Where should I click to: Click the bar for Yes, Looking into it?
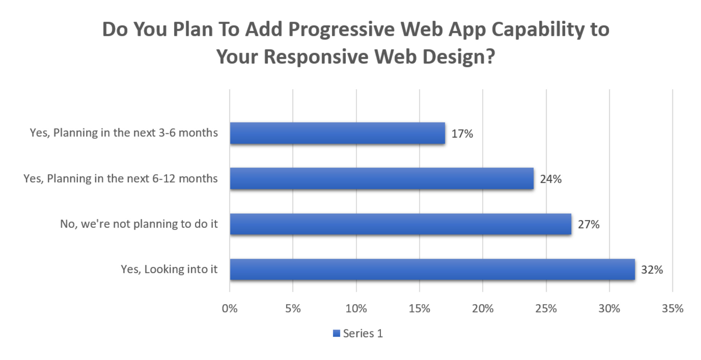(x=432, y=269)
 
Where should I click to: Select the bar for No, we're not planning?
(x=401, y=224)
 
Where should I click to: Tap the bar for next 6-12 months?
(x=382, y=179)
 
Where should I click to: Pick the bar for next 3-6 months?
(x=337, y=133)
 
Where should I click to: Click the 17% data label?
(x=462, y=134)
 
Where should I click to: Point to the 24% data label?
(x=550, y=179)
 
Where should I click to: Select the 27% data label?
(x=588, y=225)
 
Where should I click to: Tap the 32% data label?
(x=652, y=270)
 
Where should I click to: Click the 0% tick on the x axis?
(x=230, y=309)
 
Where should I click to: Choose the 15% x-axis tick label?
(x=419, y=309)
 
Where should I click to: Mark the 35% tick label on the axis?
(x=672, y=309)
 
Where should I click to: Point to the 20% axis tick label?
(x=482, y=309)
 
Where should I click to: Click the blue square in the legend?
(x=336, y=334)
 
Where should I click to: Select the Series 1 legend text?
(x=363, y=334)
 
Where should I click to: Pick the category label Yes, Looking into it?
(x=169, y=269)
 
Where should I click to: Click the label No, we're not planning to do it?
(x=139, y=224)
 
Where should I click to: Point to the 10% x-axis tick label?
(x=356, y=309)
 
